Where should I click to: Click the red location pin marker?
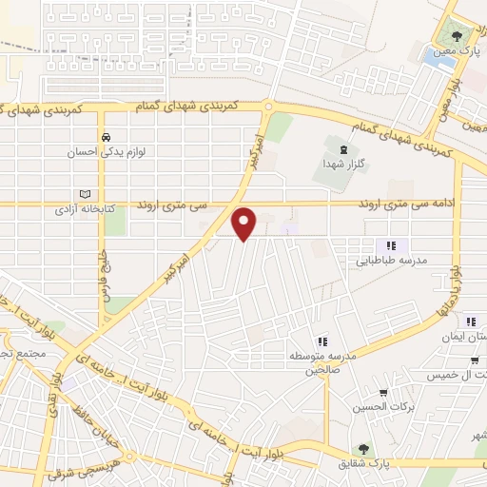click(245, 223)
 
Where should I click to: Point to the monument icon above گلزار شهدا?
click(343, 147)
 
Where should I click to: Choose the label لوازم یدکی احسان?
click(108, 150)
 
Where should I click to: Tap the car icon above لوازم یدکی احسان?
click(108, 135)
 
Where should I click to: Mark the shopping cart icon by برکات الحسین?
click(383, 393)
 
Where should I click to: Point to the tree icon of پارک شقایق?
click(363, 448)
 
